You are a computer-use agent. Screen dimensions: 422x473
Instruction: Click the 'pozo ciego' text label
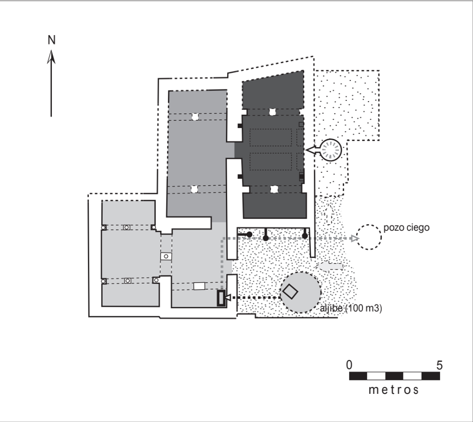coord(405,228)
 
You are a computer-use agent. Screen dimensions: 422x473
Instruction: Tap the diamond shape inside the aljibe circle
coord(290,291)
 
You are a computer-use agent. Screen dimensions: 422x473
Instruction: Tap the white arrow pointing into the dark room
coord(314,150)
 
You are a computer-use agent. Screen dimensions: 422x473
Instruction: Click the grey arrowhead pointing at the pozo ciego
coord(354,238)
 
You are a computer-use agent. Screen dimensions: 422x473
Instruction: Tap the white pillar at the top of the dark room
coord(273,112)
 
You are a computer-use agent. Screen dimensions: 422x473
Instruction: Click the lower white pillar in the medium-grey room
coord(195,189)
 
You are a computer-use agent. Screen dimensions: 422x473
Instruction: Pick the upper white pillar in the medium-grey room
coord(195,117)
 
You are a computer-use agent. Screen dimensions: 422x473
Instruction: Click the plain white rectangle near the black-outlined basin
coord(199,286)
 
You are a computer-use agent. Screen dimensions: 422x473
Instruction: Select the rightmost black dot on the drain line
coord(305,236)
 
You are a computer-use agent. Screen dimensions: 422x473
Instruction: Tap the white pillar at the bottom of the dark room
coord(274,189)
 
